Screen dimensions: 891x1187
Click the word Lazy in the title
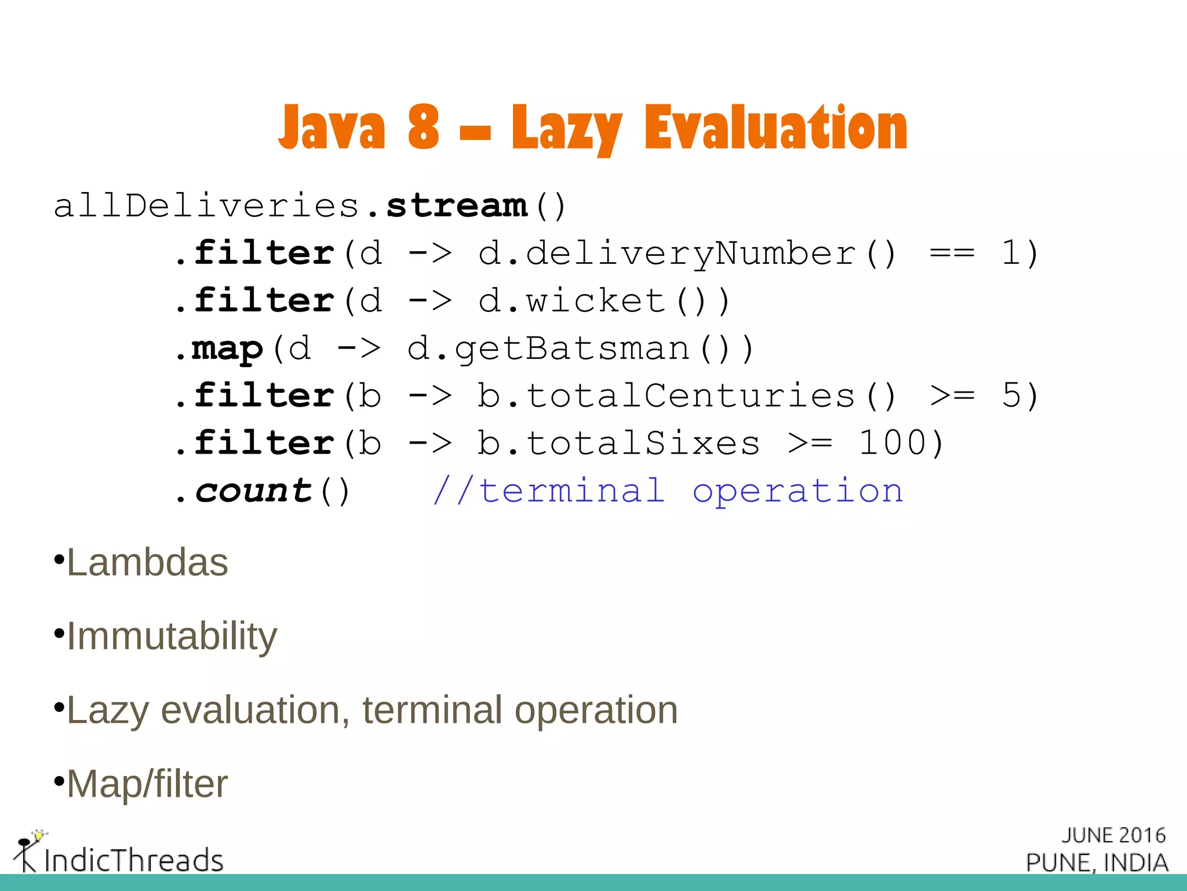pyautogui.click(x=566, y=129)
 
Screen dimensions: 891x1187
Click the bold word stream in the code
pyautogui.click(x=457, y=206)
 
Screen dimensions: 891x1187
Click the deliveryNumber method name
pyautogui.click(x=690, y=253)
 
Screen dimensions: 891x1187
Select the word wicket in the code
pyautogui.click(x=595, y=301)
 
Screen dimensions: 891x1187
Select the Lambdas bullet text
pyautogui.click(x=147, y=563)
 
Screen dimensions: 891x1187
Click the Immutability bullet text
pyautogui.click(x=172, y=636)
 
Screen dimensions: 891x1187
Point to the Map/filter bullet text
pyautogui.click(x=147, y=784)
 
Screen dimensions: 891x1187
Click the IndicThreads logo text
pyautogui.click(x=133, y=860)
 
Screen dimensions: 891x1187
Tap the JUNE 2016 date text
pyautogui.click(x=1113, y=835)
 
